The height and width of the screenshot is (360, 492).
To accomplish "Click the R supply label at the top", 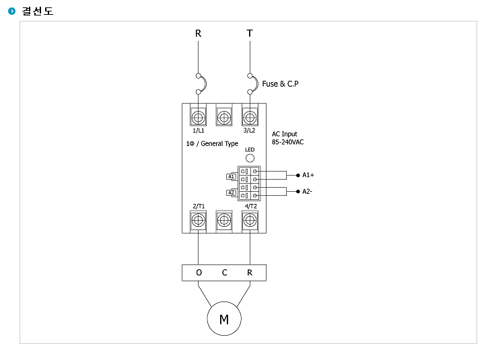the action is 198,33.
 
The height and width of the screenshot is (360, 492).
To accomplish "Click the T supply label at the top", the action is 250,33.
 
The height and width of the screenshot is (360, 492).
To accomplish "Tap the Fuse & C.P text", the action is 280,84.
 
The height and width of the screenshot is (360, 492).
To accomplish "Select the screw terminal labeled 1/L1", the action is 198,118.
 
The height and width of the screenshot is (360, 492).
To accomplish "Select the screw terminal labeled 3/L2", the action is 250,118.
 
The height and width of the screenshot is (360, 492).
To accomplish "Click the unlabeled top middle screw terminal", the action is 224,118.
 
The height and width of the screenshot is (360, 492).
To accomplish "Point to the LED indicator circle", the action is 250,158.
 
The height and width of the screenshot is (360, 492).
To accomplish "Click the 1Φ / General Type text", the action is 212,143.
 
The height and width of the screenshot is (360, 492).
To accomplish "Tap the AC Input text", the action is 285,134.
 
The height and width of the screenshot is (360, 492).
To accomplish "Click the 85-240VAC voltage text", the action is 288,142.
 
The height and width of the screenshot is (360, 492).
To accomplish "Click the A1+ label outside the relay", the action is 308,175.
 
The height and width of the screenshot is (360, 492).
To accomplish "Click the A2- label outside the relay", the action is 308,191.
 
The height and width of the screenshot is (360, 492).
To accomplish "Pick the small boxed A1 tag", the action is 232,177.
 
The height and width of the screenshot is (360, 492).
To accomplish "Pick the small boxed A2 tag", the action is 232,192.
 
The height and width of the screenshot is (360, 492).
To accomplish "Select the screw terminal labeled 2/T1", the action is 198,221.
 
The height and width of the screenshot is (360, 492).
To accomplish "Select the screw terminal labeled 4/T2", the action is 250,221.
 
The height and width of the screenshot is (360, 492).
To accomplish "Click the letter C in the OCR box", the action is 224,273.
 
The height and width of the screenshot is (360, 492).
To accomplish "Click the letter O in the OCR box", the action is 199,273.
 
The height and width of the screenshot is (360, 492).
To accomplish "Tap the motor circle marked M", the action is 224,318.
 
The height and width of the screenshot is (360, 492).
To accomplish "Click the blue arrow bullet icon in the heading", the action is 11,11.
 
